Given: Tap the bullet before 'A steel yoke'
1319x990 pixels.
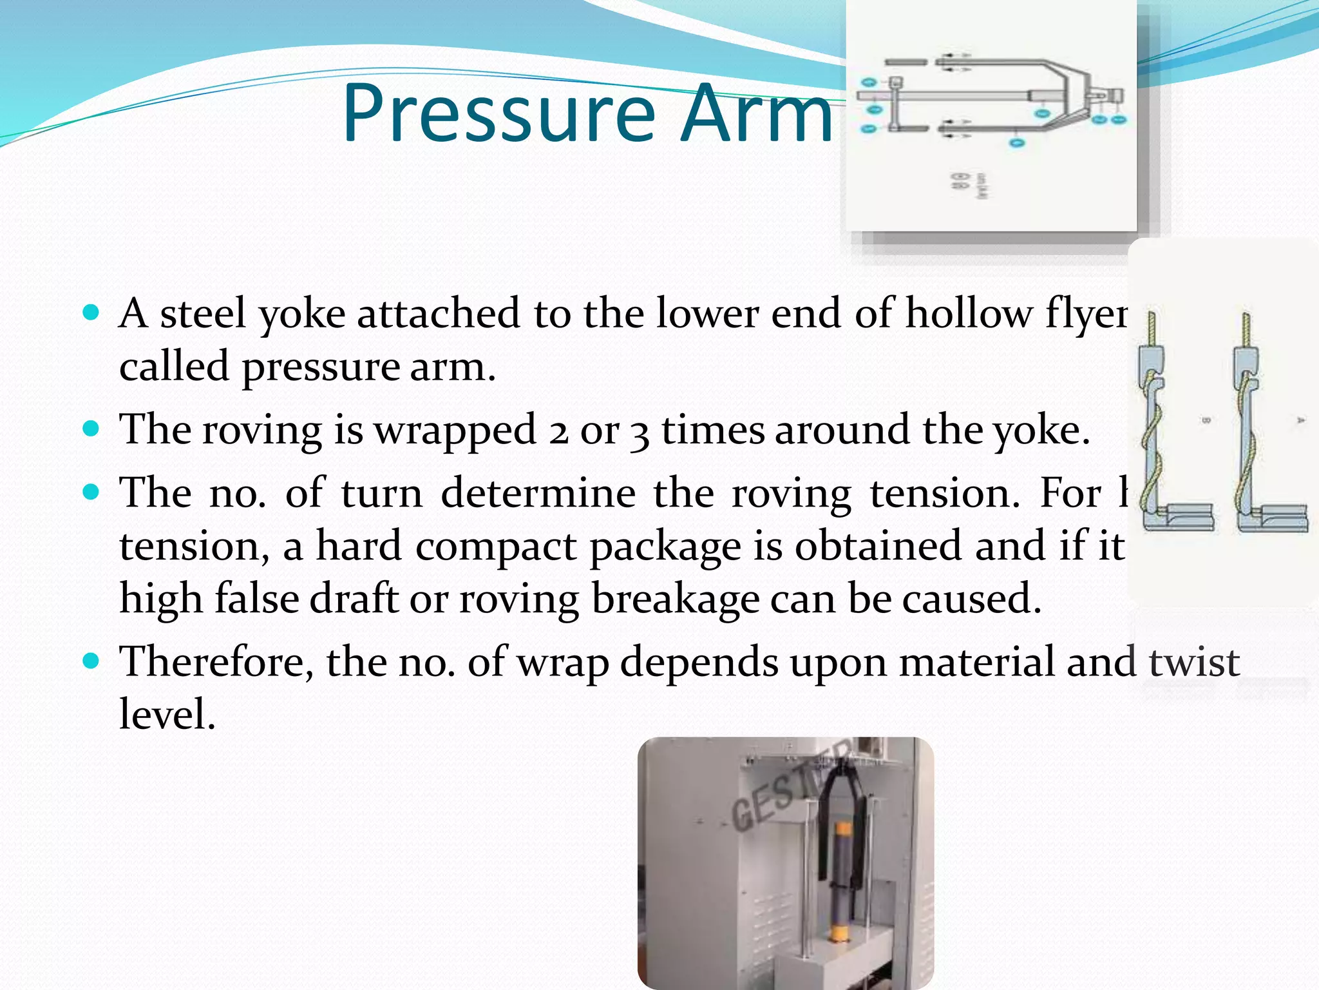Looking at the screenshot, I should [91, 314].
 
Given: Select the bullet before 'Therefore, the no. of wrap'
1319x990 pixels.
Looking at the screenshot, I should [91, 662].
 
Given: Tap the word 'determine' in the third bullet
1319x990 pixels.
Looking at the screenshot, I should [538, 494].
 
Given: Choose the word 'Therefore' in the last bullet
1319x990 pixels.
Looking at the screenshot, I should [216, 662].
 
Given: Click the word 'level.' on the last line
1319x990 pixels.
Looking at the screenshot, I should [167, 715].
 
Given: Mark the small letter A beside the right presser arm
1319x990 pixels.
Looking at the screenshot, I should [1300, 420].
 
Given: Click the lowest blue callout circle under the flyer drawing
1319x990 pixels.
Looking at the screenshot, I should [1017, 142].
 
